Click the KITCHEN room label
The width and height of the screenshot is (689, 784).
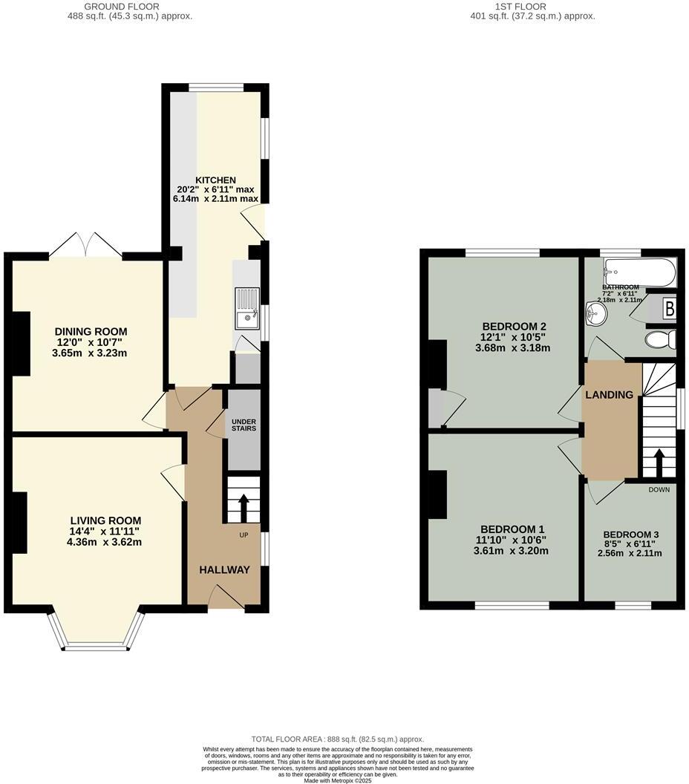[x=215, y=180]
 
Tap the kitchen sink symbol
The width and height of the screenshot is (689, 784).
[x=245, y=310]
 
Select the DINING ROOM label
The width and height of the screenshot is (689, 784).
[x=90, y=332]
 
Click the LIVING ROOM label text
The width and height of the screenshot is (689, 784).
[x=105, y=520]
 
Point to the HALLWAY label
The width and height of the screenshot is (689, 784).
[x=224, y=569]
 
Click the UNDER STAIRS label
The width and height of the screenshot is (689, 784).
[x=243, y=424]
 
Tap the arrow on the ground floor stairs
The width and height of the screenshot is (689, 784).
[x=244, y=507]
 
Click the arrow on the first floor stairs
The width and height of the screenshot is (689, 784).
[x=659, y=462]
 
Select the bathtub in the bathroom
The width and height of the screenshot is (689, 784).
[x=639, y=272]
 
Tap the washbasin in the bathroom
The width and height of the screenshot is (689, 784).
[x=595, y=314]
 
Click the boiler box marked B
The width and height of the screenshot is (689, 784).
[x=668, y=307]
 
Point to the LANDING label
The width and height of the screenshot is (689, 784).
[x=610, y=395]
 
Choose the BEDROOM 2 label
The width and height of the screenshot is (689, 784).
[x=515, y=327]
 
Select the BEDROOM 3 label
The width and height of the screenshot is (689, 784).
[x=630, y=535]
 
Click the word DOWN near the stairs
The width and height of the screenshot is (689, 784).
[x=659, y=489]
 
